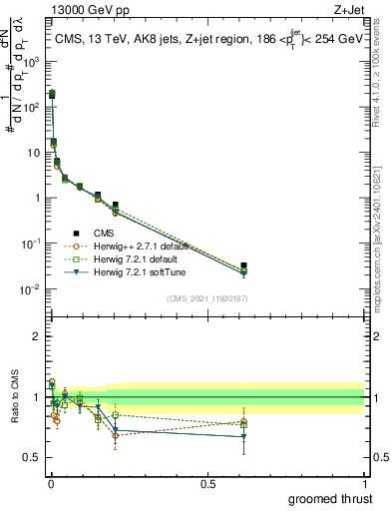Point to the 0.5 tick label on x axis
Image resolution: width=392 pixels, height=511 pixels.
(x=207, y=483)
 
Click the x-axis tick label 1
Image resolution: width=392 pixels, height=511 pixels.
(x=363, y=483)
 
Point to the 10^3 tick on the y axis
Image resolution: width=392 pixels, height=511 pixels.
(x=32, y=60)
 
